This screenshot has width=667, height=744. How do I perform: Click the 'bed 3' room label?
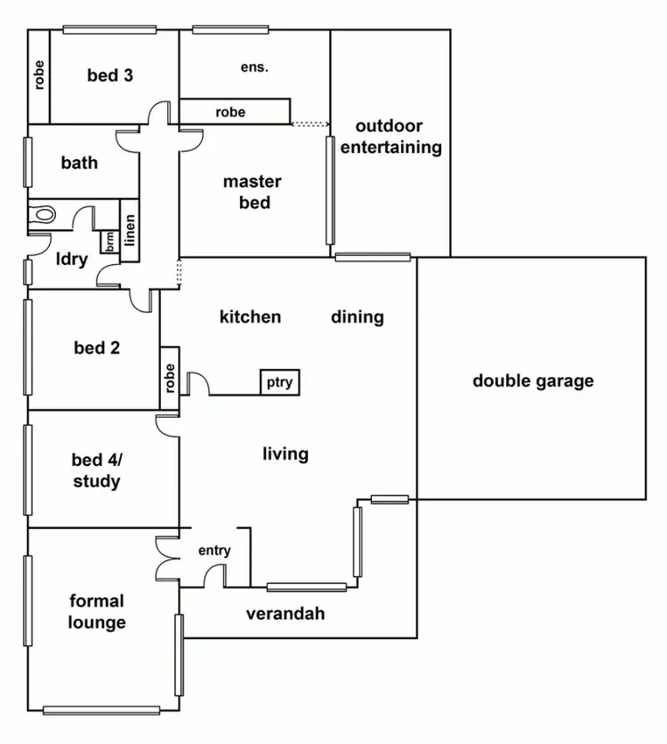point(110,75)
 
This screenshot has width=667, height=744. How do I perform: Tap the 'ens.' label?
point(254,68)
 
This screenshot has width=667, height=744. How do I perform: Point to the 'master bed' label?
point(252,192)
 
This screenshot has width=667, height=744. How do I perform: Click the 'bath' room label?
point(79,163)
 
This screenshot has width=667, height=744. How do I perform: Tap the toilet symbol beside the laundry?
point(41,214)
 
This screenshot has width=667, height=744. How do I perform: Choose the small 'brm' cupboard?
point(110,242)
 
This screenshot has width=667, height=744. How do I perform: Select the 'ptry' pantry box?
point(279,382)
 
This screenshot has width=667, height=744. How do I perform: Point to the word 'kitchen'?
point(250,316)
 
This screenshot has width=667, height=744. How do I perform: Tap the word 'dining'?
point(358,316)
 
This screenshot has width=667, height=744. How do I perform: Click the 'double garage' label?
point(533,381)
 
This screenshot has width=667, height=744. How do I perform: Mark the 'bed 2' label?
point(97,348)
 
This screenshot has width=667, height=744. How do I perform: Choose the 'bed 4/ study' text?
point(96,471)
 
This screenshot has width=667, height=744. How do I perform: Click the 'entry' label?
point(214,550)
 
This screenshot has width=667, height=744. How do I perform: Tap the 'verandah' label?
point(285,613)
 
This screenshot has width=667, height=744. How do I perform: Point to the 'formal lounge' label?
point(97,612)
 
